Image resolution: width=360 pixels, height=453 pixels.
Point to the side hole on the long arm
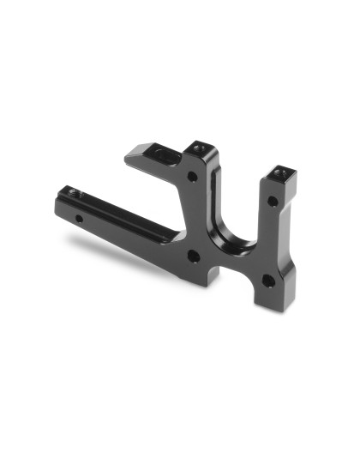(80, 219)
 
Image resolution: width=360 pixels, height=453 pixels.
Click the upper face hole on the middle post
(192, 178)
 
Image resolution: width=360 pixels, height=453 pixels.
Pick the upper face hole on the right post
(272, 202)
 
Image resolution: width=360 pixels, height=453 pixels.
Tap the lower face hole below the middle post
(193, 256)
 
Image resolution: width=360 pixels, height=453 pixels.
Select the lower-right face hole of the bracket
(268, 281)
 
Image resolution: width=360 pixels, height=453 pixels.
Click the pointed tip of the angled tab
(129, 157)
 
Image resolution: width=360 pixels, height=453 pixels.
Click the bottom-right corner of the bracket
(283, 306)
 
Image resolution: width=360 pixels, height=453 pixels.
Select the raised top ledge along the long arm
(120, 206)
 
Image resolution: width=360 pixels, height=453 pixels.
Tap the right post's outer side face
(291, 232)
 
